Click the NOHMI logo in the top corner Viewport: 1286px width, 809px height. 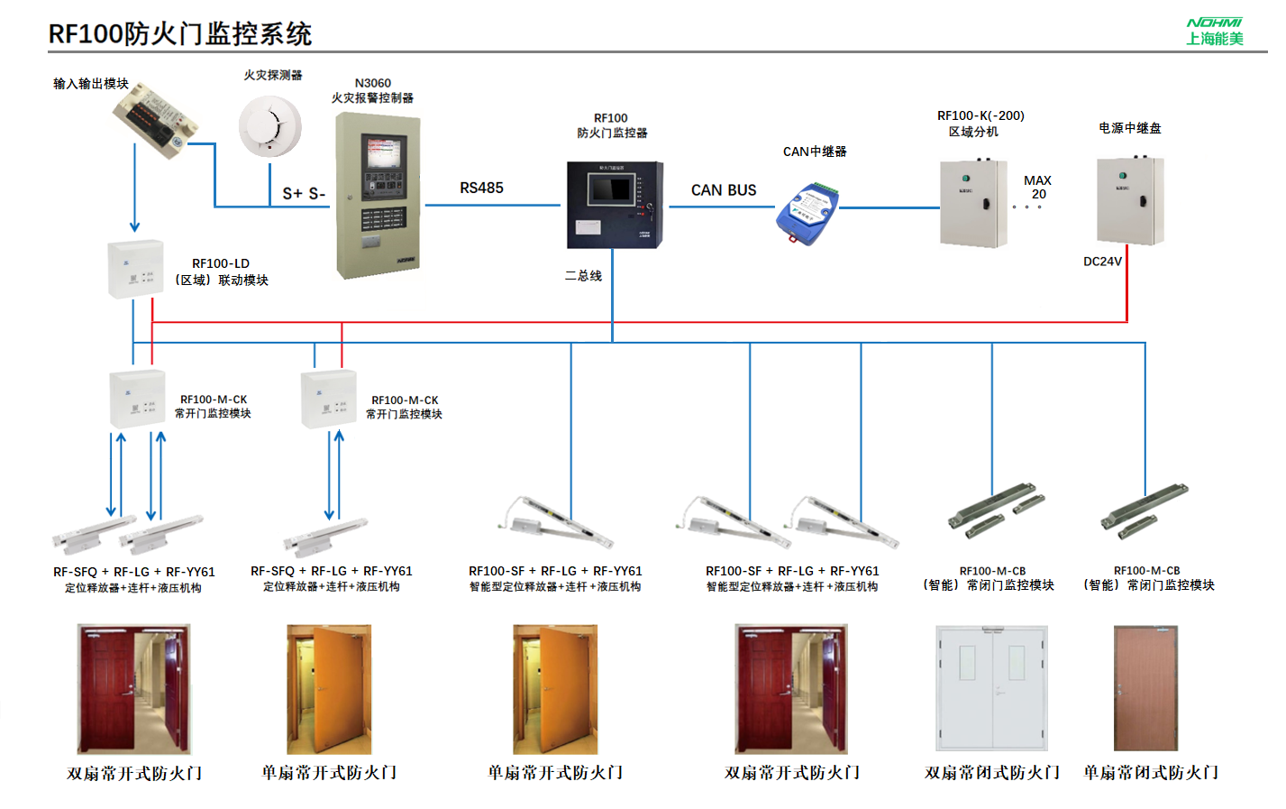pos(1214,31)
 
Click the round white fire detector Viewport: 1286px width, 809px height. pos(269,126)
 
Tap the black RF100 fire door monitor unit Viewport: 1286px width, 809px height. pos(615,205)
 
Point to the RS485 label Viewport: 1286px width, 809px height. pos(481,188)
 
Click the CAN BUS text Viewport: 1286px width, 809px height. pos(724,190)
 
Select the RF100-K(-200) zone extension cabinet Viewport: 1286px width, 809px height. pos(973,203)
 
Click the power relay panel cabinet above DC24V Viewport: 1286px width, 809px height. pos(1129,200)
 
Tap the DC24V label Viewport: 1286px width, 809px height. pos(1102,262)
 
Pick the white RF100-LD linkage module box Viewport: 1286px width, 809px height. pos(135,269)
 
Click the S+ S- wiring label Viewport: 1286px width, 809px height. pos(304,193)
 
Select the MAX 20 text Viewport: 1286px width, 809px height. pos(1037,188)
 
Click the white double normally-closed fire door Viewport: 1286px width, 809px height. pos(991,688)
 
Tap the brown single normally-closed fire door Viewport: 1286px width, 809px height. pos(1145,688)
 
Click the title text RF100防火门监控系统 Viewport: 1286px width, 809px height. pos(179,33)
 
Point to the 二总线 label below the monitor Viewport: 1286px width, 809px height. pos(583,276)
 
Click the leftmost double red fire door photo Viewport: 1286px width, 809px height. pos(134,689)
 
